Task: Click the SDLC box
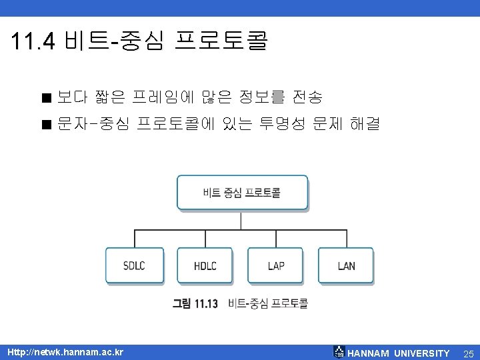tap(134, 265)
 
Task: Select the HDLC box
tap(205, 265)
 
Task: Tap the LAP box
tap(275, 265)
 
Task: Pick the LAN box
tap(346, 265)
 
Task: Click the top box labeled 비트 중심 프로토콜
tap(242, 193)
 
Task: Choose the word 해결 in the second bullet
tap(364, 124)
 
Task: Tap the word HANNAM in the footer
tap(369, 353)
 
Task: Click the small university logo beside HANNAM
tap(339, 352)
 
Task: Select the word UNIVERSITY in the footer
tap(421, 353)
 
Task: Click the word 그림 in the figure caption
tap(182, 304)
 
